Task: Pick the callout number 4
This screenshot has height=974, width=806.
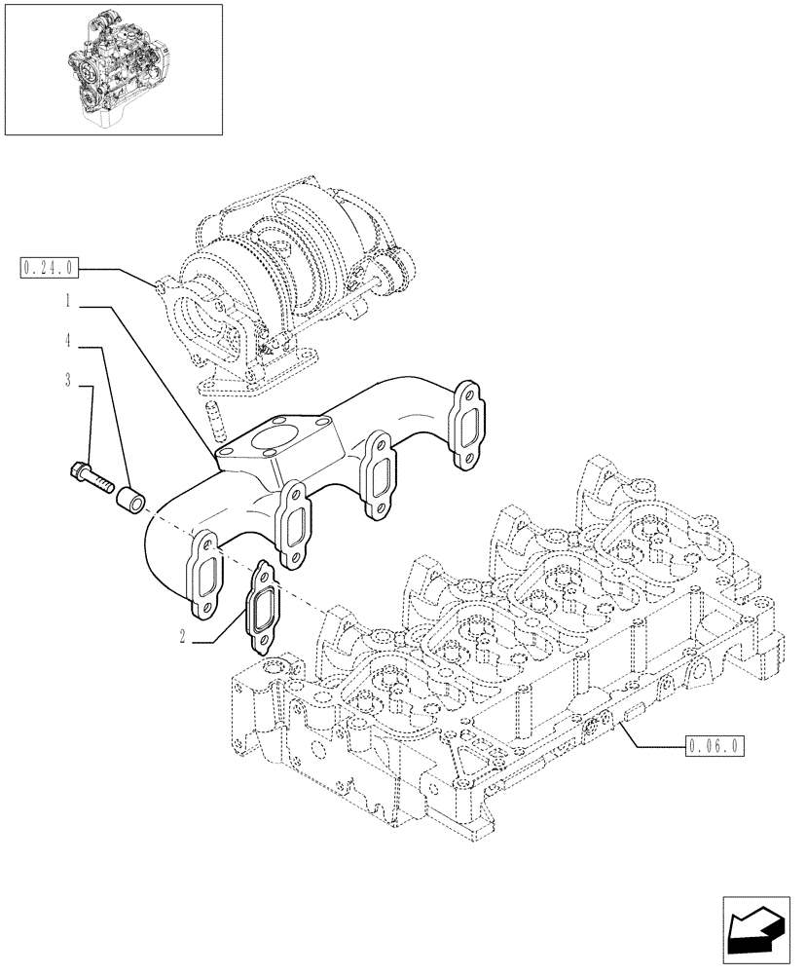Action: click(67, 342)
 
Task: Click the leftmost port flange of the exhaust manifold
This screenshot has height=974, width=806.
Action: click(208, 575)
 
